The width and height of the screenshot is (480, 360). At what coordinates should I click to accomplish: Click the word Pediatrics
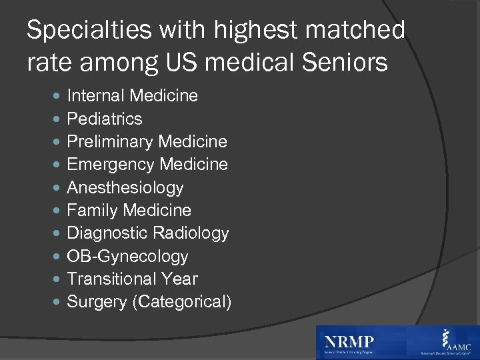[x=105, y=119]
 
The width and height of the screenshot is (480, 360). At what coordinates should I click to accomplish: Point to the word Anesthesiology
[x=125, y=188]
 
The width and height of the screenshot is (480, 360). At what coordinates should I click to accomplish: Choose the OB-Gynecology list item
[x=128, y=257]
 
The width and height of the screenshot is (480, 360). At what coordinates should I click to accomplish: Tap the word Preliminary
[x=110, y=142]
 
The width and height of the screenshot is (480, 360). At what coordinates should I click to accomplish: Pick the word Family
[x=90, y=211]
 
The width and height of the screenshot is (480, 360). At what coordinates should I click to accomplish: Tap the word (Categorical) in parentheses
[x=182, y=302]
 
